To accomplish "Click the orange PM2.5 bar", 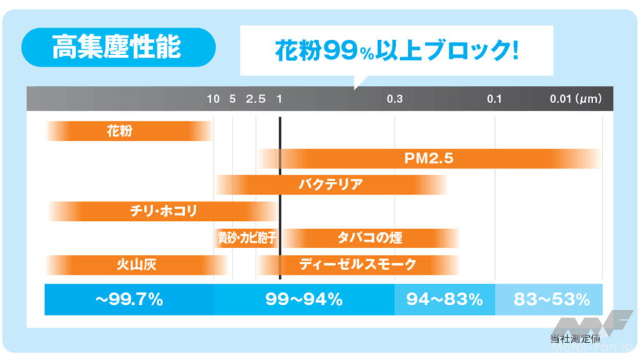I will [x=429, y=159].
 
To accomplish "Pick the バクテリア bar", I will [x=331, y=185].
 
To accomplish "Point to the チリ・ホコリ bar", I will [x=162, y=211].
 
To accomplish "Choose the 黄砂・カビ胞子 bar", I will [x=246, y=238].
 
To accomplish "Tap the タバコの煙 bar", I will [x=371, y=238].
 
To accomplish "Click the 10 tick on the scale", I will [x=214, y=99].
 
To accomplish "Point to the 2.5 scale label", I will [x=256, y=99].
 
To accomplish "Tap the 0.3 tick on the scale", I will [x=394, y=99].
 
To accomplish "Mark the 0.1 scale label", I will [x=494, y=99].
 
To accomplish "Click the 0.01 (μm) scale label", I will [x=576, y=99].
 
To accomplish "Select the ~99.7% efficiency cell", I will [x=129, y=299].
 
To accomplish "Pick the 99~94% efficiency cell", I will [x=304, y=299].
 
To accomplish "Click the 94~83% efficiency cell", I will [x=444, y=299].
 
